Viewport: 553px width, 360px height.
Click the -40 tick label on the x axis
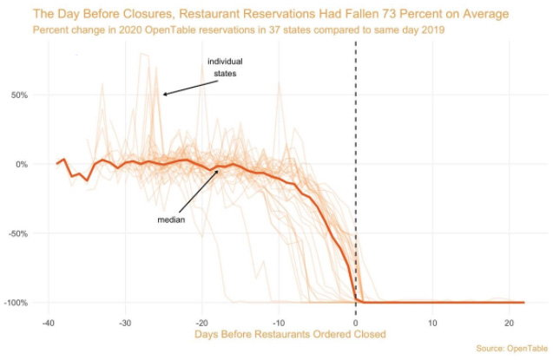point(49,320)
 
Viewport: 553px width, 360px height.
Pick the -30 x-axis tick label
point(126,320)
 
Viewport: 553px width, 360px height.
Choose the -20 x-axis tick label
point(202,320)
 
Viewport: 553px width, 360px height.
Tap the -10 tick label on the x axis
point(279,320)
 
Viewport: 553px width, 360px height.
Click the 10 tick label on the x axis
point(432,320)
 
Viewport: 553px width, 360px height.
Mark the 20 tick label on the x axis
point(509,320)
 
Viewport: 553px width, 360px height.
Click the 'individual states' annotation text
point(225,68)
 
